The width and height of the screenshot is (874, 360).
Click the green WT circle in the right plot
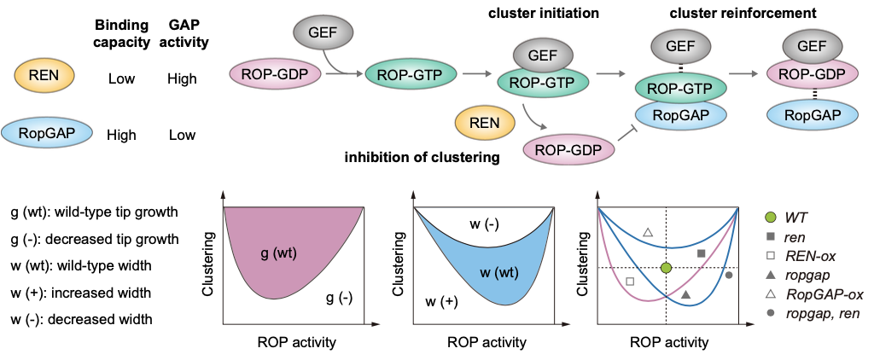[667, 268]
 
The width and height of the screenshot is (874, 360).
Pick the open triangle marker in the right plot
[647, 232]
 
